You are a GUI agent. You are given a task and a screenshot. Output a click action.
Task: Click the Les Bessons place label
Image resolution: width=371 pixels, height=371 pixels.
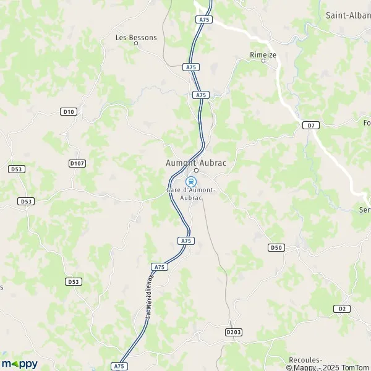[x=136, y=38]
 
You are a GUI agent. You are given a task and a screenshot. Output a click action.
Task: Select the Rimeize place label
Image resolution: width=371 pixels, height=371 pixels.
[x=263, y=54]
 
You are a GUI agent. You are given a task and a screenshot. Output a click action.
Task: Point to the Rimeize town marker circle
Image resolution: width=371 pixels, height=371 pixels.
[x=263, y=61]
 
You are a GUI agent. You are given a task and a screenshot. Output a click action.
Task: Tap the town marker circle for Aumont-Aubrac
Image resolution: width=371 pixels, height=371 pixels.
[x=196, y=170]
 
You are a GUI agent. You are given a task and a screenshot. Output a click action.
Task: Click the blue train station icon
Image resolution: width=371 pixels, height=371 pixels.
[x=191, y=182]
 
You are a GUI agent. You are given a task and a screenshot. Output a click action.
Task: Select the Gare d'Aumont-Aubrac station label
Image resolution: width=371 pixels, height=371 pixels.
[x=191, y=193]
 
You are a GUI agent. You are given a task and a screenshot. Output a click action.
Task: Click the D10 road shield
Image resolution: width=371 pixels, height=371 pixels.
[x=68, y=111]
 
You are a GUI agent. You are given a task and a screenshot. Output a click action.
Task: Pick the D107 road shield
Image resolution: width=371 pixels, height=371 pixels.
[x=77, y=163]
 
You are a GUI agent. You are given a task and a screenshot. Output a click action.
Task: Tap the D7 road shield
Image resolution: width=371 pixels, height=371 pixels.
[x=311, y=126]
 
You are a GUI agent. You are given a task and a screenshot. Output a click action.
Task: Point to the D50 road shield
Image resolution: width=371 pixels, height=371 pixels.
[x=276, y=247]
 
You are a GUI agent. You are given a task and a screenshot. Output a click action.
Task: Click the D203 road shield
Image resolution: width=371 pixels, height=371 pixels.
[x=233, y=332]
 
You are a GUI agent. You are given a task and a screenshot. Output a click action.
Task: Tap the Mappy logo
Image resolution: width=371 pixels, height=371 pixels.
[x=19, y=364]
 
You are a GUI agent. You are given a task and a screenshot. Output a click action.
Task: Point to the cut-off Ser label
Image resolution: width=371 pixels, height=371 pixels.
[x=365, y=210]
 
